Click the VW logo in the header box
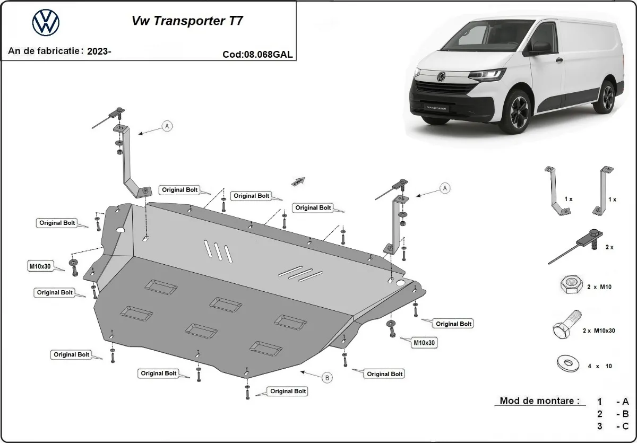click(46, 23)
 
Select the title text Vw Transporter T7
click(188, 22)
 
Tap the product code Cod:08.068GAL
click(258, 54)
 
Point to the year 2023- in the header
click(99, 51)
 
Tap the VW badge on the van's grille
click(440, 77)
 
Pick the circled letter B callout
click(328, 378)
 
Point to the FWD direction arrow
click(299, 181)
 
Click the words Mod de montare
click(539, 401)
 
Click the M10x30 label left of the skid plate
click(40, 266)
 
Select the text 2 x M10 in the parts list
click(600, 287)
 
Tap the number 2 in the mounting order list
click(599, 414)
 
